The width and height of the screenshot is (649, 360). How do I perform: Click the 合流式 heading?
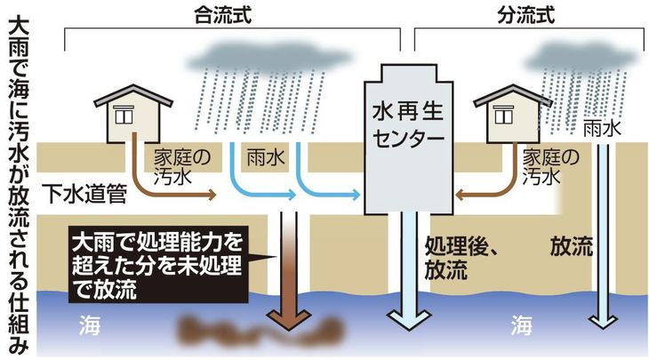point(222,16)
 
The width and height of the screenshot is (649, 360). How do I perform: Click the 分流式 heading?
point(525,16)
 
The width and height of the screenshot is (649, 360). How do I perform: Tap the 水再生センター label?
point(407,125)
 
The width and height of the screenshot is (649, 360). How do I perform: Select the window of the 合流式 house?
point(124,114)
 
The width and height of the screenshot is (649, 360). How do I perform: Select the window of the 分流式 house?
point(503,114)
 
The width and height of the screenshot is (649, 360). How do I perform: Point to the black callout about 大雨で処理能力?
point(158,265)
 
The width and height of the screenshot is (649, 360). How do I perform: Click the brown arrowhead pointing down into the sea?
point(288,319)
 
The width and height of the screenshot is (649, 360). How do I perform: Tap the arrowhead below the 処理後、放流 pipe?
point(409,319)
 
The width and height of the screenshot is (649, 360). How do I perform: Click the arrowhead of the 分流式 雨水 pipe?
point(604,322)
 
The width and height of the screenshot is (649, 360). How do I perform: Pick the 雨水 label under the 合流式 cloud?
point(265,158)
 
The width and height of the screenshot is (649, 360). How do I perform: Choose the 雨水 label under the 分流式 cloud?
point(602,129)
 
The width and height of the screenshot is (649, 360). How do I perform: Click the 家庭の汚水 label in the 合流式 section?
point(182,167)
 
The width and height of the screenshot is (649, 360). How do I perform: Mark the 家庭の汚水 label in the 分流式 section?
point(550,167)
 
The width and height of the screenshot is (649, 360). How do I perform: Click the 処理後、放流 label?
point(461,259)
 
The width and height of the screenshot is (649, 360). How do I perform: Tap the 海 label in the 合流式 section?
point(90,324)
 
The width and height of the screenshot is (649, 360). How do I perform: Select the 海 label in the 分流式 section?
point(521,324)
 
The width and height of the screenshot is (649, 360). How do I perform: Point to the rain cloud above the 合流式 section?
point(270,57)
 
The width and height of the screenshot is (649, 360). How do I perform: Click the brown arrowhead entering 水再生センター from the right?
point(460,195)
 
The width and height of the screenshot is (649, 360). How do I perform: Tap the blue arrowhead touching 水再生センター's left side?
point(355,195)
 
